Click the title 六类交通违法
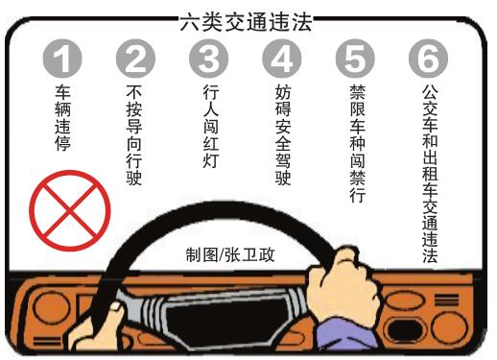tap(246, 22)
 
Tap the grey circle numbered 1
tap(62, 59)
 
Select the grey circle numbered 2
tap(135, 59)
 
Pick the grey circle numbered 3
tap(208, 59)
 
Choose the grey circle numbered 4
tap(282, 59)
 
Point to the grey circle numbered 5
tap(355, 59)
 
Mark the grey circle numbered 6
tap(428, 59)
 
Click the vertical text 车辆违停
tap(62, 117)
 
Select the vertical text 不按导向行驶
tap(134, 134)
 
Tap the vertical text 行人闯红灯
tap(211, 126)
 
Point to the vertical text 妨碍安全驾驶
tap(283, 134)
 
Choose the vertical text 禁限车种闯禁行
tap(357, 143)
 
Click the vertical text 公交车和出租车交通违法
tap(430, 174)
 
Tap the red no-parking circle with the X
tap(70, 210)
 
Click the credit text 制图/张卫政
tap(230, 254)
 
